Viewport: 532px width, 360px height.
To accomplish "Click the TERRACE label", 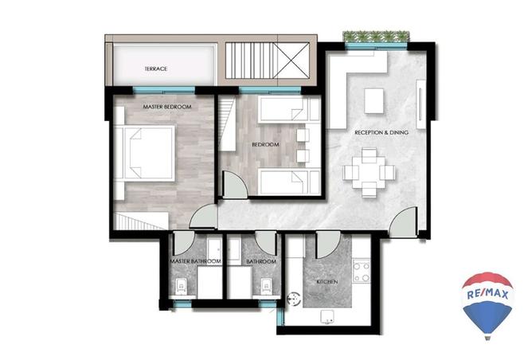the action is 156,68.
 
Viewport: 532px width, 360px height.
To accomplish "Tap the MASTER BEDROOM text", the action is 167,107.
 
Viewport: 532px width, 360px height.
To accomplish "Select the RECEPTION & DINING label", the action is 381,133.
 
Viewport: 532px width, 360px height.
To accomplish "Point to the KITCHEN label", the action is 327,282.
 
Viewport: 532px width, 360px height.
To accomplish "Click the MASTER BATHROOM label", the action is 195,261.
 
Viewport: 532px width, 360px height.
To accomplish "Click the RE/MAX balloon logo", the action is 487,305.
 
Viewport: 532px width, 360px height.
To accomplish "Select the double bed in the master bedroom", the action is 145,153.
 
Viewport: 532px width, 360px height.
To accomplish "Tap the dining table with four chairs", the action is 369,172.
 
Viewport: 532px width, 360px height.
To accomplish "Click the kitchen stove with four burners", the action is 362,272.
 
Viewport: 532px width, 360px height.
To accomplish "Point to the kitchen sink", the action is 327,317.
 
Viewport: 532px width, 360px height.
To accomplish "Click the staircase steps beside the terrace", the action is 252,61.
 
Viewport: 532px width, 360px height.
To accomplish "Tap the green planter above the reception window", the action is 376,37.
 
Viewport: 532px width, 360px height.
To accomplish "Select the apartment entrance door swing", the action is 402,222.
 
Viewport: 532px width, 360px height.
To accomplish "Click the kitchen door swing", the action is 328,245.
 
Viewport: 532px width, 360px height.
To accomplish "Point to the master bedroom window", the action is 164,90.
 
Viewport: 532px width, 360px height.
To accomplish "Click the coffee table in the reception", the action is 374,101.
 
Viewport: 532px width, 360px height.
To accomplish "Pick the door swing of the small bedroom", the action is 235,184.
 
